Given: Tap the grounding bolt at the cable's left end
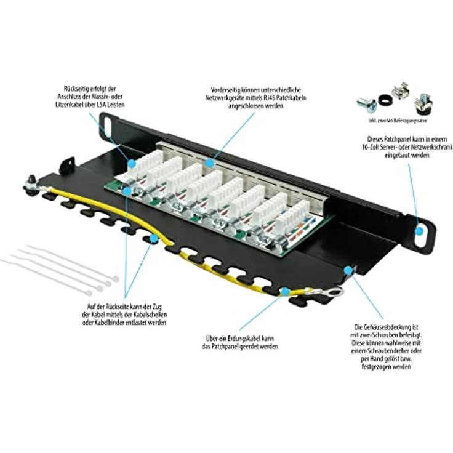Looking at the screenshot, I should click(28, 183).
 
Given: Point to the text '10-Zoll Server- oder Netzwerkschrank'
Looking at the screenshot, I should click(408, 148).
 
